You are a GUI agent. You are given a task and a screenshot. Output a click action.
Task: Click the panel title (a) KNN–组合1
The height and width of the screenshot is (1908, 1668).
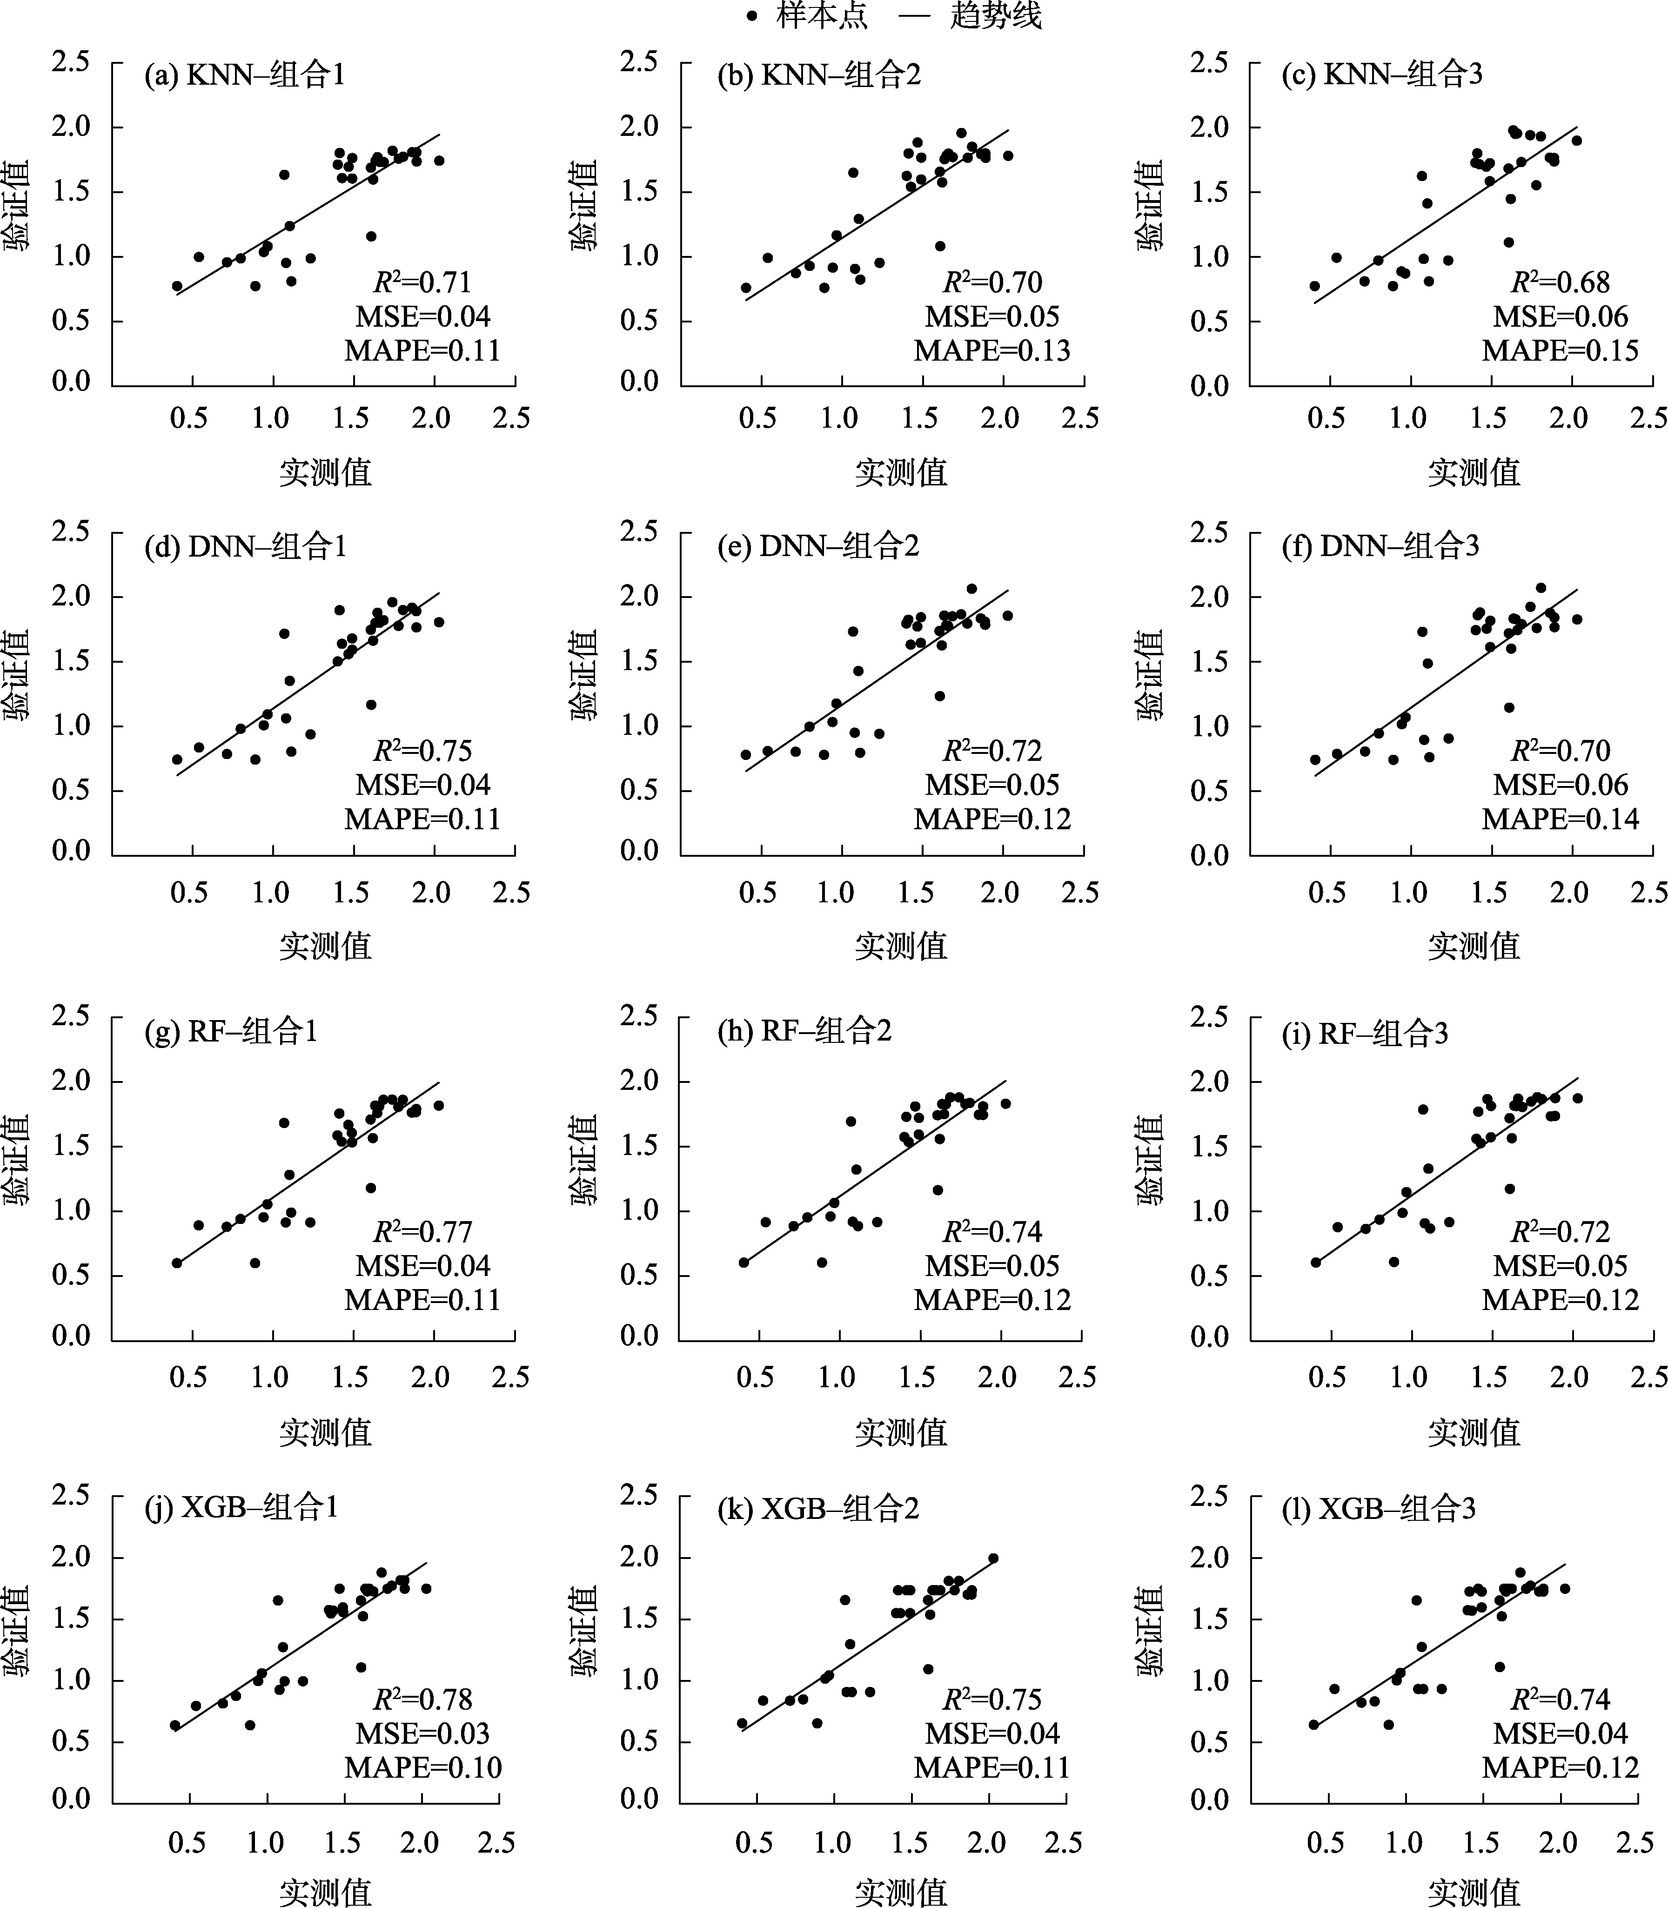(245, 74)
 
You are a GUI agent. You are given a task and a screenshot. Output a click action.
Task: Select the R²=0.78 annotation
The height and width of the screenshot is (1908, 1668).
(422, 1700)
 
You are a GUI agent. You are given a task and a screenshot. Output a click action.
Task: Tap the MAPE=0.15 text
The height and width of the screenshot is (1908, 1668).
(1560, 351)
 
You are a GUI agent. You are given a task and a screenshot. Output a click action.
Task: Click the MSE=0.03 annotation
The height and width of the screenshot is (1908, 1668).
(422, 1733)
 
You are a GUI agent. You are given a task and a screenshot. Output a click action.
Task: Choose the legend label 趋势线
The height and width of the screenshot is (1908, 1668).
(996, 16)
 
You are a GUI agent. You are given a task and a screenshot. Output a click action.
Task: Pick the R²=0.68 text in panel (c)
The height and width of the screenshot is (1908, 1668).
(1560, 282)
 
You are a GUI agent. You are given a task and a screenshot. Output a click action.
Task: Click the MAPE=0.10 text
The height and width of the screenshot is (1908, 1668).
(422, 1767)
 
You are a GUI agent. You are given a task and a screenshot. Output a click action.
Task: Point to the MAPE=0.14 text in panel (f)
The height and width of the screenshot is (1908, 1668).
(1560, 819)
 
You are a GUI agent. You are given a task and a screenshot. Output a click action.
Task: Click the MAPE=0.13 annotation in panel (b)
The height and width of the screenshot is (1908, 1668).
(992, 351)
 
